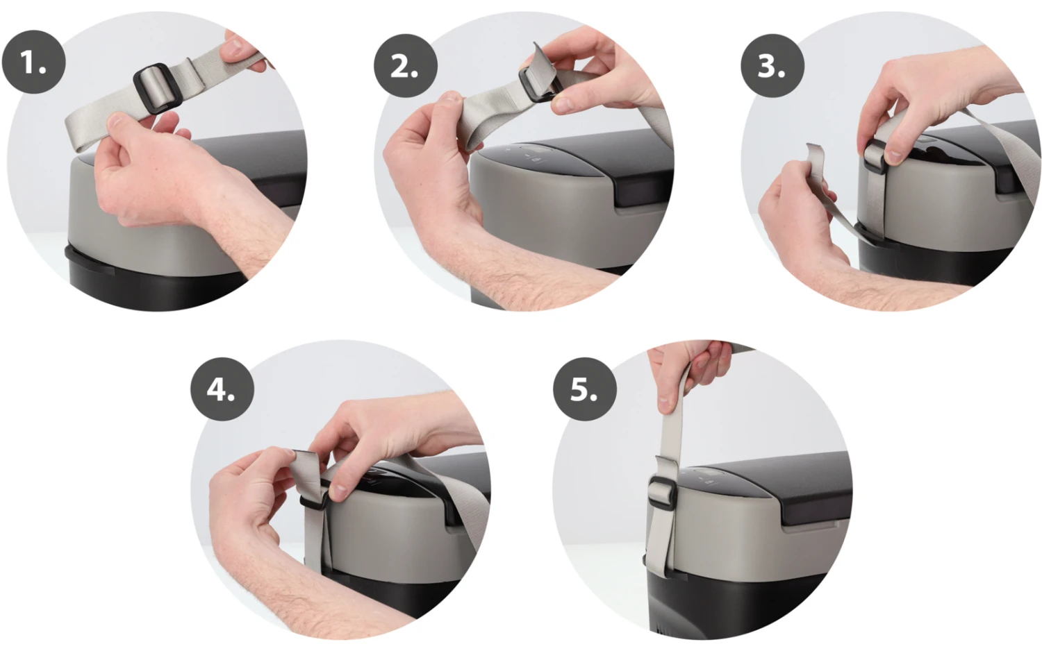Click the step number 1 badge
[x=33, y=62]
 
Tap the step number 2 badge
[x=405, y=65]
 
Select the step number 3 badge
[x=772, y=65]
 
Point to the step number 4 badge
[x=222, y=389]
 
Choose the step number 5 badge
[x=585, y=389]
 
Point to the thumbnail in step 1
[x=115, y=121]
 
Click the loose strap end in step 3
[x=820, y=186]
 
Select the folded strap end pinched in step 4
[x=308, y=469]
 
